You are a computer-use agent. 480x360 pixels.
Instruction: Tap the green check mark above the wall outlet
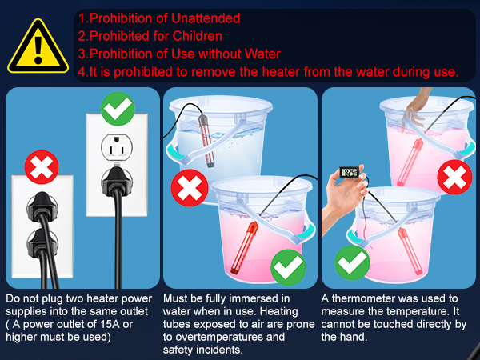coord(118,108)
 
